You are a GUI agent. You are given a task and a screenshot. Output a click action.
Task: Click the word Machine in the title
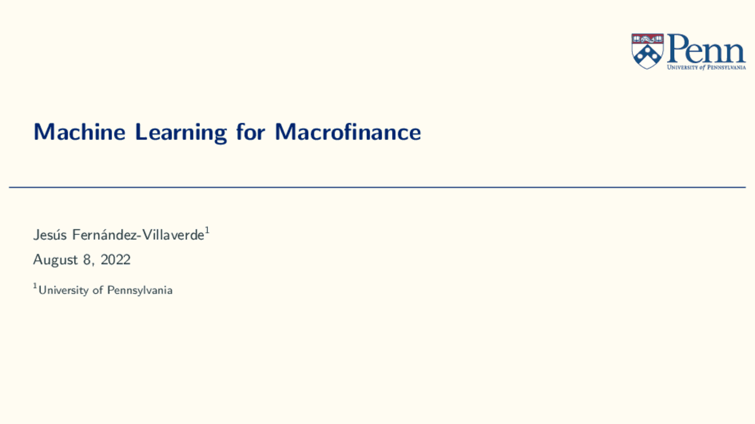[80, 132]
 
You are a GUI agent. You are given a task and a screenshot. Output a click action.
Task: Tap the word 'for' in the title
[251, 132]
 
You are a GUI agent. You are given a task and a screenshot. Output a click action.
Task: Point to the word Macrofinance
[348, 132]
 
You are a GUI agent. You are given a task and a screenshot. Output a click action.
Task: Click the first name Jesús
[50, 235]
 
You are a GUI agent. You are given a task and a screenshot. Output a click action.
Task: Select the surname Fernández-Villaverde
[138, 235]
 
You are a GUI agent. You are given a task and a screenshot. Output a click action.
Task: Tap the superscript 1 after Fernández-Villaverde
[207, 231]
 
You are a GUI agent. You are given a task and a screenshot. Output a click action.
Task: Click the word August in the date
[55, 260]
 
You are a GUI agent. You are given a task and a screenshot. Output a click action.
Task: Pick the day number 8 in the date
[87, 259]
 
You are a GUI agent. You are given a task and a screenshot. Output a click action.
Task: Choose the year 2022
[116, 259]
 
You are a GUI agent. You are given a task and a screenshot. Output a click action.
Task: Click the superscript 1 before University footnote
[35, 286]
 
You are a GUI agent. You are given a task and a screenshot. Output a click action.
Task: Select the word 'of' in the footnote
[98, 290]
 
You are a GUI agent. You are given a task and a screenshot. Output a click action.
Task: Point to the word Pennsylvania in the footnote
[140, 290]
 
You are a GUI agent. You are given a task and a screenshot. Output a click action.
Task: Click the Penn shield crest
[648, 51]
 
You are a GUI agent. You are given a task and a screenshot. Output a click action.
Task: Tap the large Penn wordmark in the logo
[707, 48]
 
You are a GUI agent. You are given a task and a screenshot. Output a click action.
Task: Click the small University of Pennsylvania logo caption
[707, 67]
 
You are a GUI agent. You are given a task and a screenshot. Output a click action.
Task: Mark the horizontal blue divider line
[377, 187]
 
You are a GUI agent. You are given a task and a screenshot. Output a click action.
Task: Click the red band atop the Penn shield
[648, 39]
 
